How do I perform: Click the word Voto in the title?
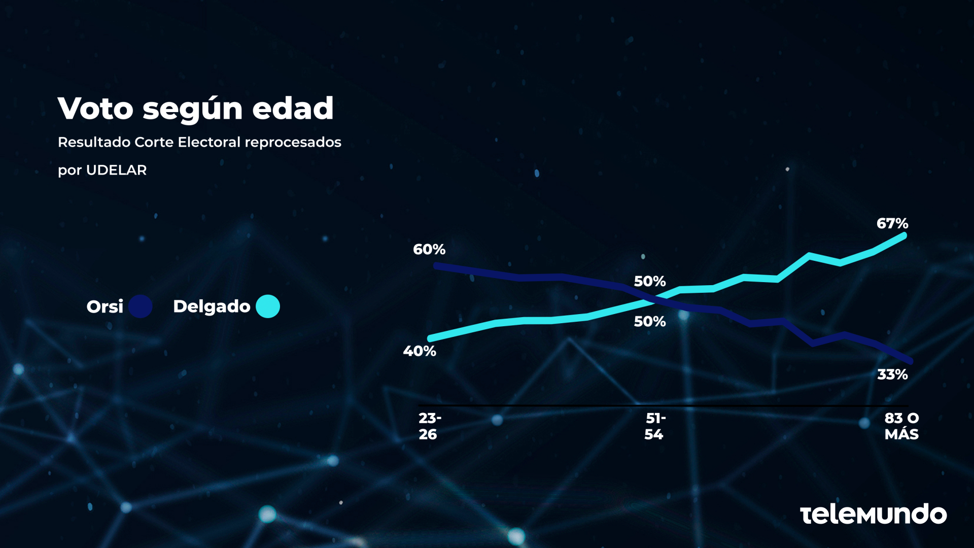coord(95,109)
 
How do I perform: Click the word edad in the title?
coord(293,109)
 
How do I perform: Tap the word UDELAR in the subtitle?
coord(116,170)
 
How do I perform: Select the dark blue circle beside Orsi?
coord(140,306)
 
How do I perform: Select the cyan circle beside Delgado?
coord(268,306)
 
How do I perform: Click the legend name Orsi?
coord(105,306)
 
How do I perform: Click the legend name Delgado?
coord(212,306)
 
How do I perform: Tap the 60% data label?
coord(429,249)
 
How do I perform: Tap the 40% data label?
coord(420,351)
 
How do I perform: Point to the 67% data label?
coord(892,223)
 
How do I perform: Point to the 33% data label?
coord(892,374)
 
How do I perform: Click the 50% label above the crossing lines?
coord(649,281)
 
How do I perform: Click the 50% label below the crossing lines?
coord(649,321)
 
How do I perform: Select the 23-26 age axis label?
coord(429,426)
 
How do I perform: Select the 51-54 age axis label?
coord(654,426)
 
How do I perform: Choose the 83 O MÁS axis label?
coord(901,426)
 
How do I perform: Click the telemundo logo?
coord(873,514)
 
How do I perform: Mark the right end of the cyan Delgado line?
coord(903,235)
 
